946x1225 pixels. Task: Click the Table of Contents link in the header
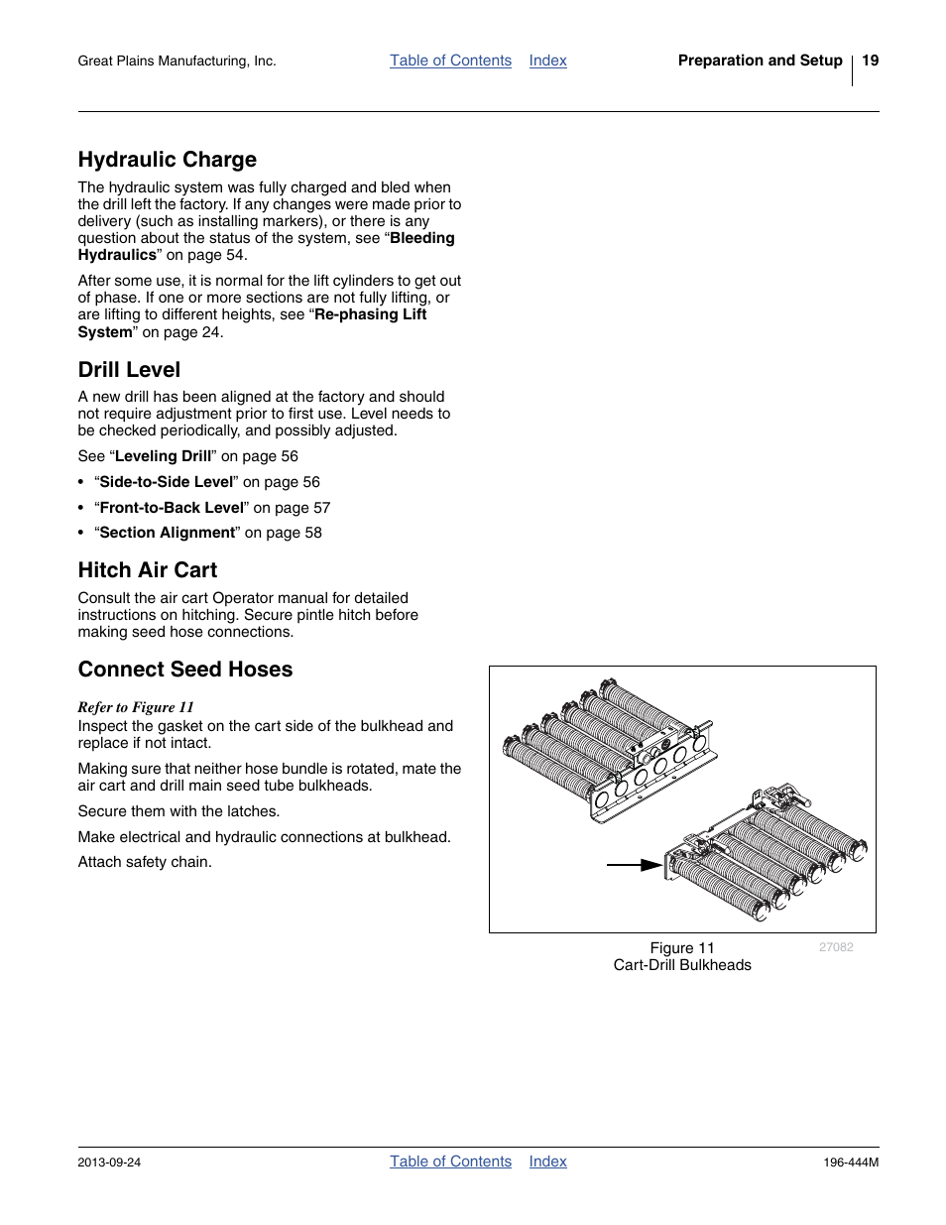[x=450, y=61]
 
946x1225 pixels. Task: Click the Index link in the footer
[x=547, y=1162]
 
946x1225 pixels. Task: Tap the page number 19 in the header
[x=870, y=61]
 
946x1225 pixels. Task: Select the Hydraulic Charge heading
[x=167, y=160]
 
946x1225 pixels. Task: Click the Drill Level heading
[x=129, y=370]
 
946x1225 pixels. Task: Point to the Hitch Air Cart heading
[x=147, y=570]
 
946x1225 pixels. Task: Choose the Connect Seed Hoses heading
[x=184, y=670]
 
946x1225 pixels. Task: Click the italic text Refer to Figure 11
[x=136, y=707]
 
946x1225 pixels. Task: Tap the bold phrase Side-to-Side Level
[x=166, y=482]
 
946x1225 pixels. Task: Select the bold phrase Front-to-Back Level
[x=171, y=508]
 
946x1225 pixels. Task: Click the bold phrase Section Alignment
[x=167, y=533]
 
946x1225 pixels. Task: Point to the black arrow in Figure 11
[x=635, y=865]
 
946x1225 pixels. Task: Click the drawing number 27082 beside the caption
[x=836, y=947]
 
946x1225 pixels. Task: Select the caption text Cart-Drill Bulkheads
[x=682, y=965]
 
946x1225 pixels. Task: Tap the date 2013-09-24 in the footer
[x=109, y=1163]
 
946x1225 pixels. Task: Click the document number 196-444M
[x=851, y=1163]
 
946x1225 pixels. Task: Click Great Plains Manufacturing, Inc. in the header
[x=177, y=61]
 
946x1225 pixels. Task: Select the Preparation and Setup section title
[x=760, y=61]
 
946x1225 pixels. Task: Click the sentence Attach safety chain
[x=145, y=862]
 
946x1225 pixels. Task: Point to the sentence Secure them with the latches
[x=178, y=811]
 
